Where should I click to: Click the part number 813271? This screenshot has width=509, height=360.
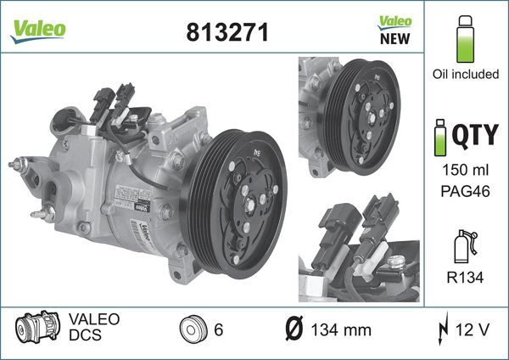tap(227, 31)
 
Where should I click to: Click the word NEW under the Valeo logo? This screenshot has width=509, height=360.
tap(394, 38)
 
